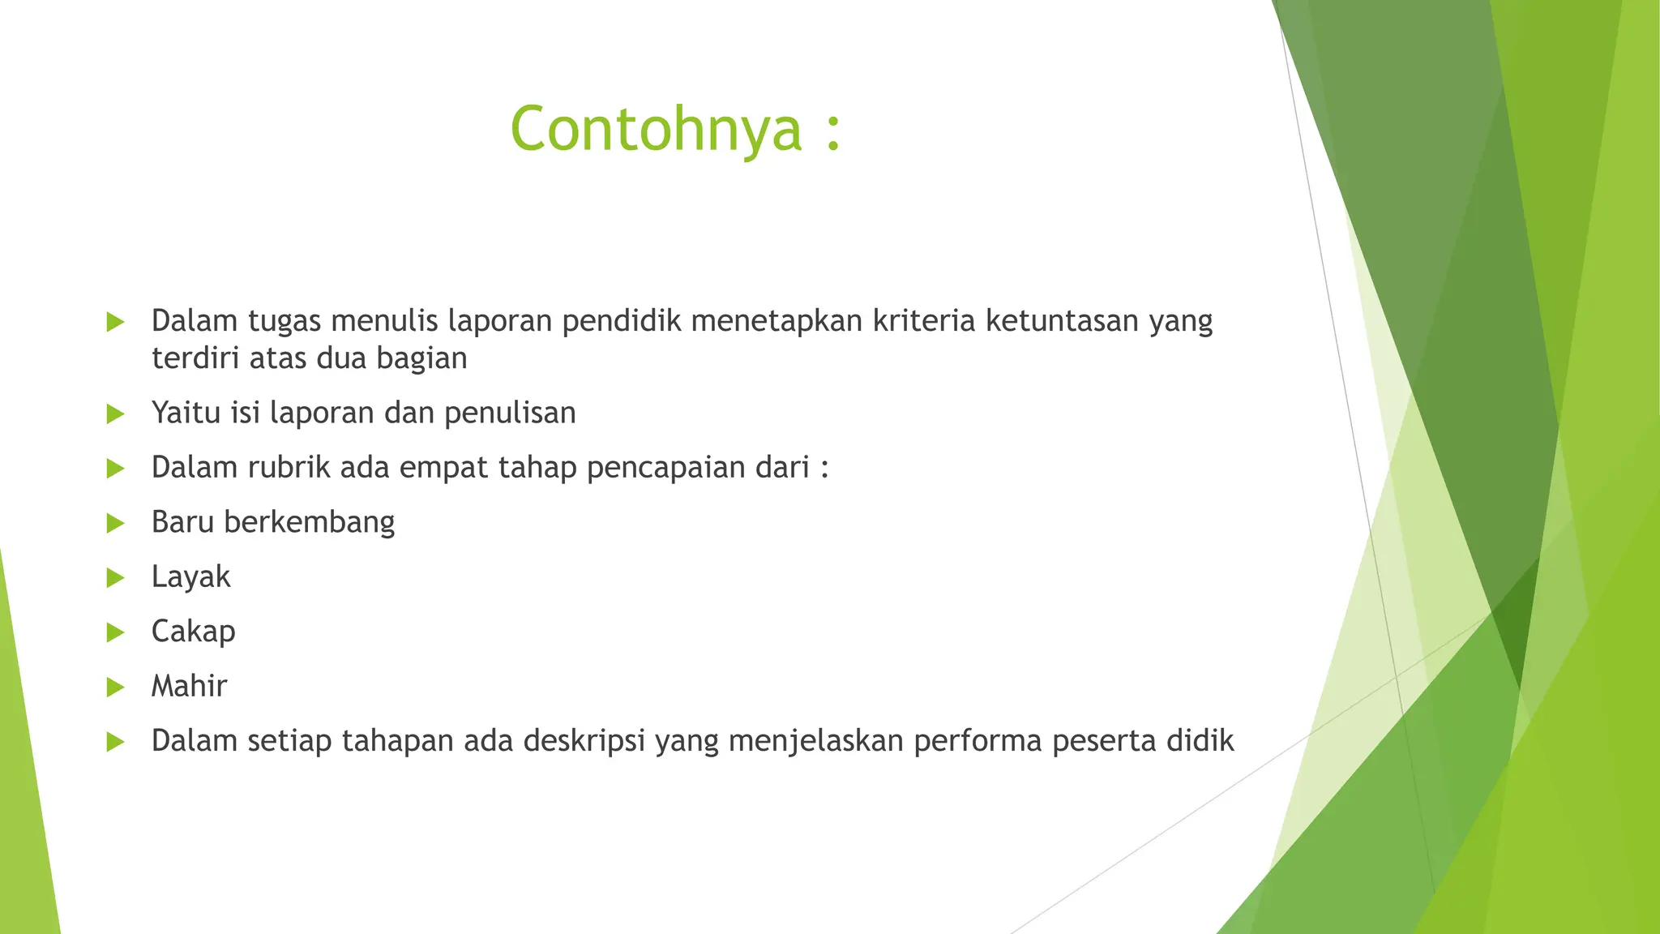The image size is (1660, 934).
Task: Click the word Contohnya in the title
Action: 656,130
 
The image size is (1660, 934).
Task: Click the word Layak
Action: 190,576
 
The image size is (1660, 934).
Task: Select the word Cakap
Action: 193,632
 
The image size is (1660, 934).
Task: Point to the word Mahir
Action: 189,686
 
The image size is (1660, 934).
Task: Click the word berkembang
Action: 309,522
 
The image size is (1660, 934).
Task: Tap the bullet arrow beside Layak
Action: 115,578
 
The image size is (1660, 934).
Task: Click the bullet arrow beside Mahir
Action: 115,688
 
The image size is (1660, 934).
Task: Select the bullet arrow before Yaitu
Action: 115,414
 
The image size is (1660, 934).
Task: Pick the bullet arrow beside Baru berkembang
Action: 115,523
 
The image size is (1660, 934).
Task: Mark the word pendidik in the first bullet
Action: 621,321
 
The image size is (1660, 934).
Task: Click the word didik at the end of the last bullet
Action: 1200,740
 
